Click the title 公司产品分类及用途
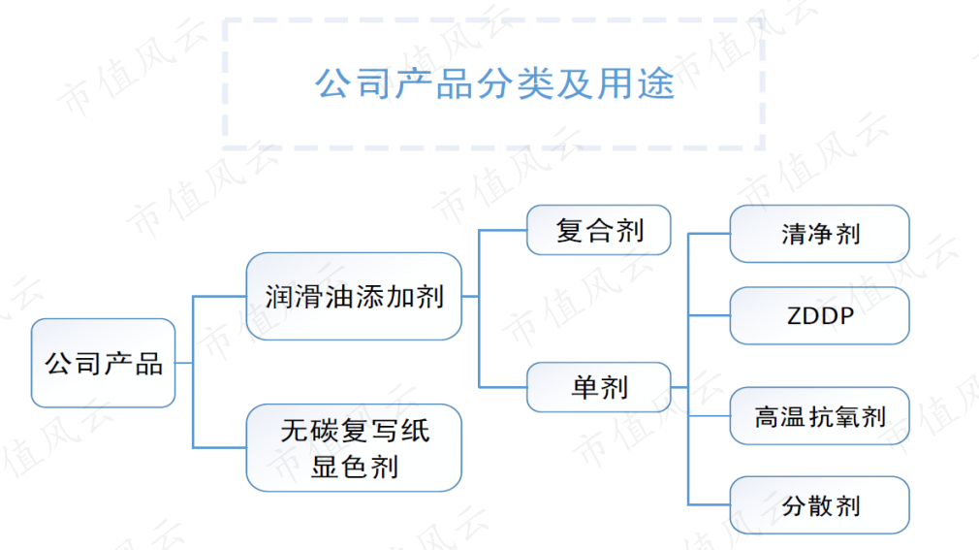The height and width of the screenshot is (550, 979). (494, 83)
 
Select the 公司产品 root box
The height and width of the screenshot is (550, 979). (103, 363)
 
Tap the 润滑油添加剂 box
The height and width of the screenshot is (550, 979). (354, 296)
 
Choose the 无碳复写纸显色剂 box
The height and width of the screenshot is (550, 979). (354, 447)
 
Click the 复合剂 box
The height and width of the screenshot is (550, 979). (599, 230)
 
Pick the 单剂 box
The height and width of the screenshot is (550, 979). (599, 387)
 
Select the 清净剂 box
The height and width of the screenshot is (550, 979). (820, 234)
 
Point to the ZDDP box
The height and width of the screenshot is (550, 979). (820, 315)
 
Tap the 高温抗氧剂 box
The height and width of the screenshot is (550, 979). (820, 416)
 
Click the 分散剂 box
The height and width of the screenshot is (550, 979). (820, 505)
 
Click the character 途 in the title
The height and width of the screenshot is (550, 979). (656, 83)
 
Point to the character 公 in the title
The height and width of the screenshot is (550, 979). (334, 83)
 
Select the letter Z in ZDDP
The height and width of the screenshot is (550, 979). (795, 316)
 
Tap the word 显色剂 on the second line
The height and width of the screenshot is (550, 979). (355, 467)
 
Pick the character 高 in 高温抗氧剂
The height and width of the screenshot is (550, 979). (768, 417)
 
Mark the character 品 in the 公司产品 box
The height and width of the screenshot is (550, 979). (149, 364)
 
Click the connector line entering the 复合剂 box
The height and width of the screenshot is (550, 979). (503, 230)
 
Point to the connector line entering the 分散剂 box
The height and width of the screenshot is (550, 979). (709, 504)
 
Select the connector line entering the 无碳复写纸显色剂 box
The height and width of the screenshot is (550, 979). (220, 447)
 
